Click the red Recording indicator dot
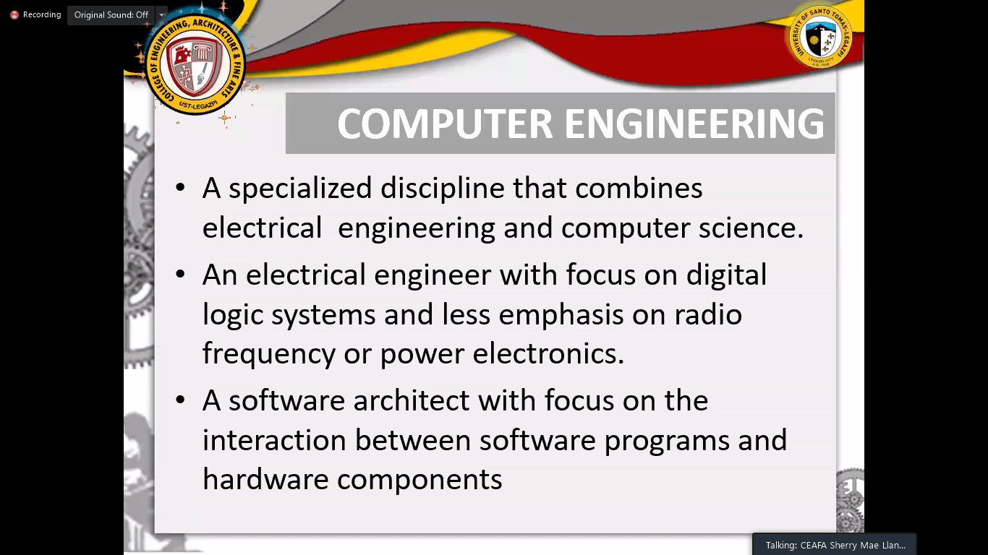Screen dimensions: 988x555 (x=14, y=15)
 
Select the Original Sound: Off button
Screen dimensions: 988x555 (x=111, y=15)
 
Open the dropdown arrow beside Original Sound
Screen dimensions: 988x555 (x=162, y=15)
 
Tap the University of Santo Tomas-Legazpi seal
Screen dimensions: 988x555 (x=821, y=37)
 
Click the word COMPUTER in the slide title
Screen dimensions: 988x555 (x=445, y=124)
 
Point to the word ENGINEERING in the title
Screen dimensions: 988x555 (x=694, y=124)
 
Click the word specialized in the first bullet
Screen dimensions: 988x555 (x=300, y=189)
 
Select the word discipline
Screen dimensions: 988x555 (x=443, y=189)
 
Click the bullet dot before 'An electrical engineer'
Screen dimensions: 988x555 (x=180, y=274)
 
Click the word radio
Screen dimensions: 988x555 (x=708, y=314)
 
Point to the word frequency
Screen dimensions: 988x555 (x=269, y=355)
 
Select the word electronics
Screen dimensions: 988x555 (x=548, y=353)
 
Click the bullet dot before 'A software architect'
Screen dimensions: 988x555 (x=180, y=400)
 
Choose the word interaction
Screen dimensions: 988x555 (x=274, y=440)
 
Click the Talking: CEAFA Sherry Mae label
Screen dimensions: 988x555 (x=835, y=546)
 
